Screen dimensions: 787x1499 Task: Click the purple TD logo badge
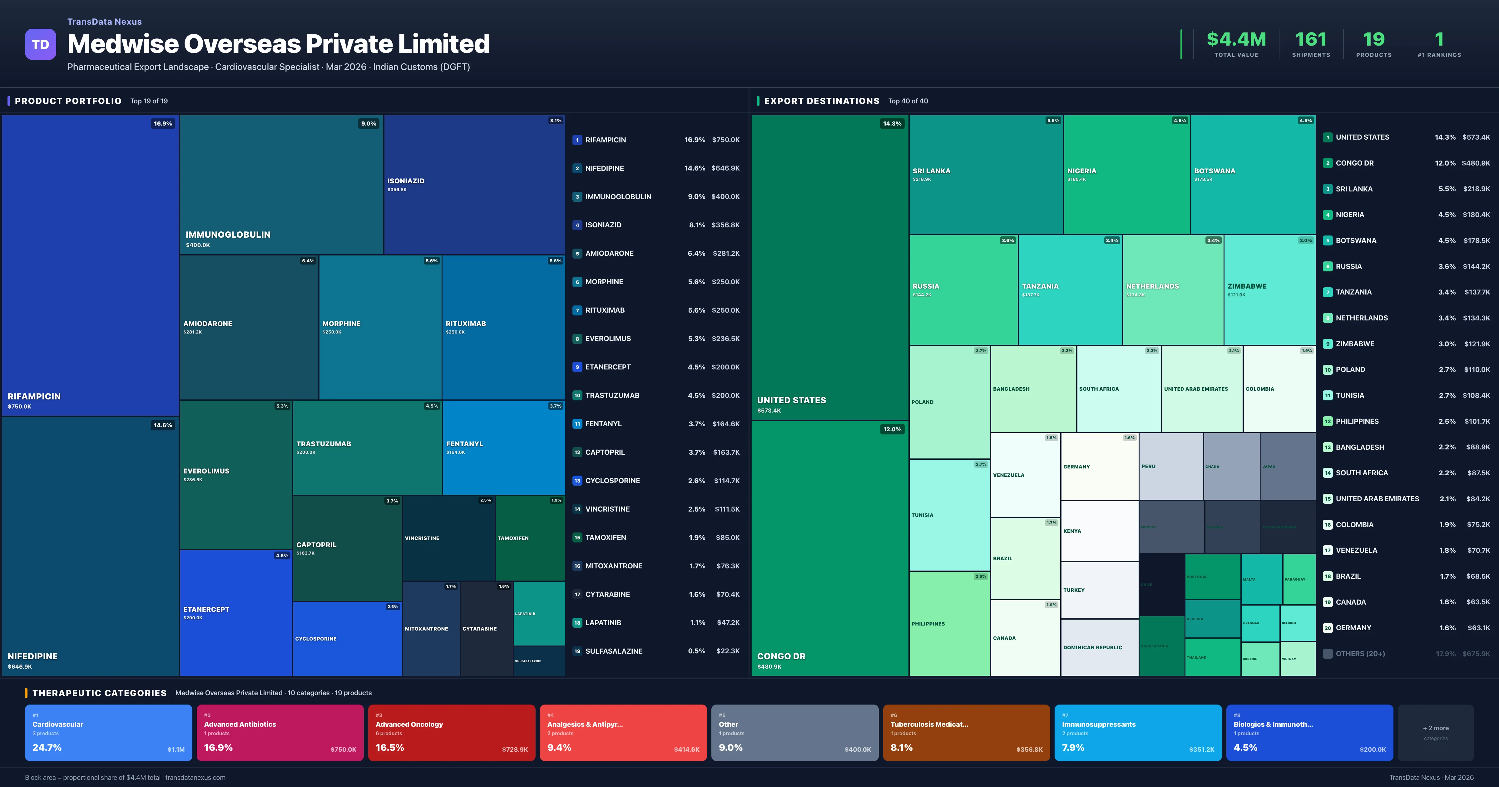[40, 44]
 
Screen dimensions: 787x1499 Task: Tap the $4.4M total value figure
[1236, 40]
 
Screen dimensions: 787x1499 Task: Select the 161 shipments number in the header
[1310, 40]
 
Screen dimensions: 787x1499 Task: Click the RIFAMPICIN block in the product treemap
[90, 265]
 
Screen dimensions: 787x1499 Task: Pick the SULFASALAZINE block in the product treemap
[539, 661]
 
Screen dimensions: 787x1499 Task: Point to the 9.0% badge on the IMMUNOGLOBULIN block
[369, 123]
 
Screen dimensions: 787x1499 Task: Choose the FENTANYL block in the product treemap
[503, 447]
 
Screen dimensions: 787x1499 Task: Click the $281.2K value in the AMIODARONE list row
[726, 253]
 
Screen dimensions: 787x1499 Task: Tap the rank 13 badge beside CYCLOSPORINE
[577, 481]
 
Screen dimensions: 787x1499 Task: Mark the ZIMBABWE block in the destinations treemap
[1269, 289]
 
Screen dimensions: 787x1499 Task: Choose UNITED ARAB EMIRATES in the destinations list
[1377, 499]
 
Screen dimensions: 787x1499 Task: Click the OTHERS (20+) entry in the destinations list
[1360, 654]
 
